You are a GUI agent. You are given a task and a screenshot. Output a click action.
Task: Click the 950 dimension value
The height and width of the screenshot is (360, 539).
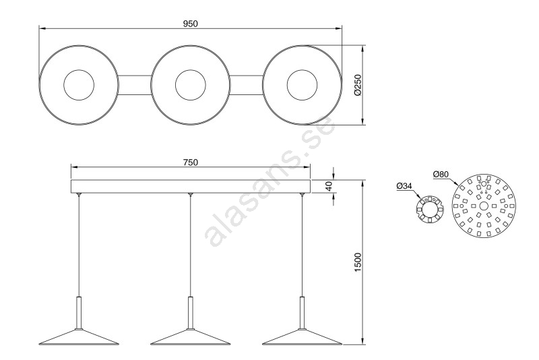coord(191,24)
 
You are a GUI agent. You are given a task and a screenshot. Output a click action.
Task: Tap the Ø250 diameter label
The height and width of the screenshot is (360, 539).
coord(358,85)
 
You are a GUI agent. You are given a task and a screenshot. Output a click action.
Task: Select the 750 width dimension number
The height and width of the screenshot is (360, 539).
coord(191,162)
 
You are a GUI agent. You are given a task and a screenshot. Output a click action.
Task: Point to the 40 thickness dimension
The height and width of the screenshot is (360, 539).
coord(329,186)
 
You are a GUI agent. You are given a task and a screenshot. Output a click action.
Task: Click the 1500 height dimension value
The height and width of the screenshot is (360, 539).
coord(358,262)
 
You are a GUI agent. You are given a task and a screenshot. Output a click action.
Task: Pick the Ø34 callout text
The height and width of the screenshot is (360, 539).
coord(404,185)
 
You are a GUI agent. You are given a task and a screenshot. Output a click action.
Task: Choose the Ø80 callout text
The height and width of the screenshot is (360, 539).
coord(441,175)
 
